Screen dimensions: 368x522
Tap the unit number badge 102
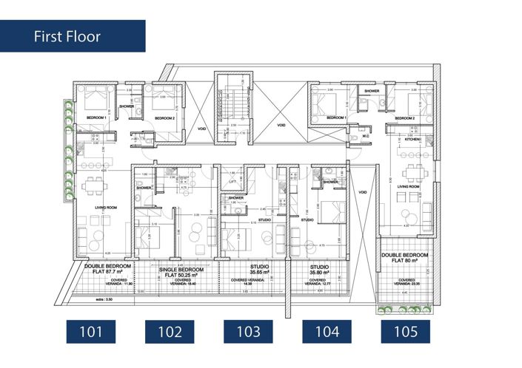click(170, 331)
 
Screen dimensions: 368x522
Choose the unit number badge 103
click(248, 331)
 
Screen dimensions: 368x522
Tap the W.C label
click(365, 136)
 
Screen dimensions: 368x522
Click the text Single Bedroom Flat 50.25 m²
click(181, 273)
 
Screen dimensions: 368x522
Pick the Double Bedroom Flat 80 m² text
click(406, 258)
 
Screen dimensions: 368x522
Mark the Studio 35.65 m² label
click(248, 268)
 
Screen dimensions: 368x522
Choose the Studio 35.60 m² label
click(319, 268)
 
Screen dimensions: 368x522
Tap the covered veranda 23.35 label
click(406, 282)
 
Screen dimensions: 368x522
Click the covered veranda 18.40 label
click(181, 282)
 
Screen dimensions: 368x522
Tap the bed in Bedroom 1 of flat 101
click(95, 100)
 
